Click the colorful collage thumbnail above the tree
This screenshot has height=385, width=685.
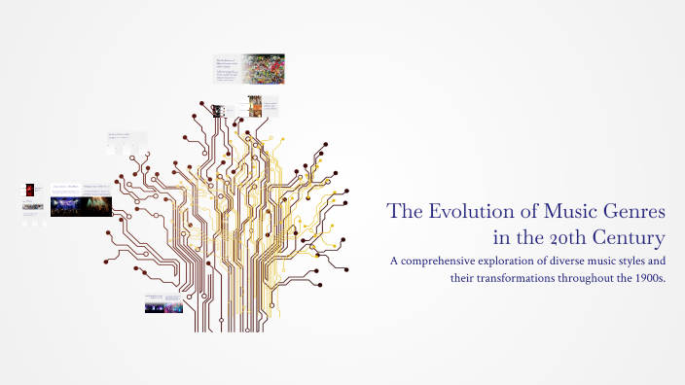(264, 69)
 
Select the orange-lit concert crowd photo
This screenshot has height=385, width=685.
(96, 205)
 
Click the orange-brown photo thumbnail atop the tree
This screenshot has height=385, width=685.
(255, 106)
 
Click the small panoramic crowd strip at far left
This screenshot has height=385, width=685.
(33, 206)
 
